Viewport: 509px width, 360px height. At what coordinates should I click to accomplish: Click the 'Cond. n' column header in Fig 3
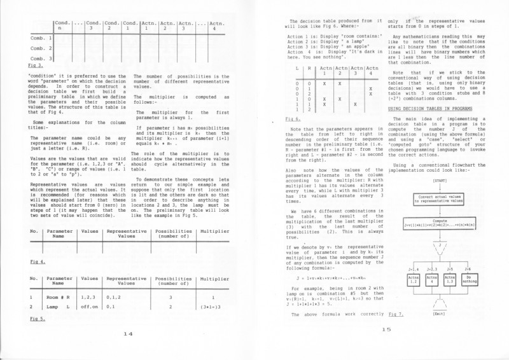click(x=62, y=25)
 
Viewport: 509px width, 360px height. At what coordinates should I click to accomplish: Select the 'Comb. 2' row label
click(x=40, y=48)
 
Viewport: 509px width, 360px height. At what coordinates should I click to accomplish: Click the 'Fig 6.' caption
click(x=293, y=119)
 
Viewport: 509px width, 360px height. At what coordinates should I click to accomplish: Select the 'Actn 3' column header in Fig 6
click(x=356, y=70)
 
